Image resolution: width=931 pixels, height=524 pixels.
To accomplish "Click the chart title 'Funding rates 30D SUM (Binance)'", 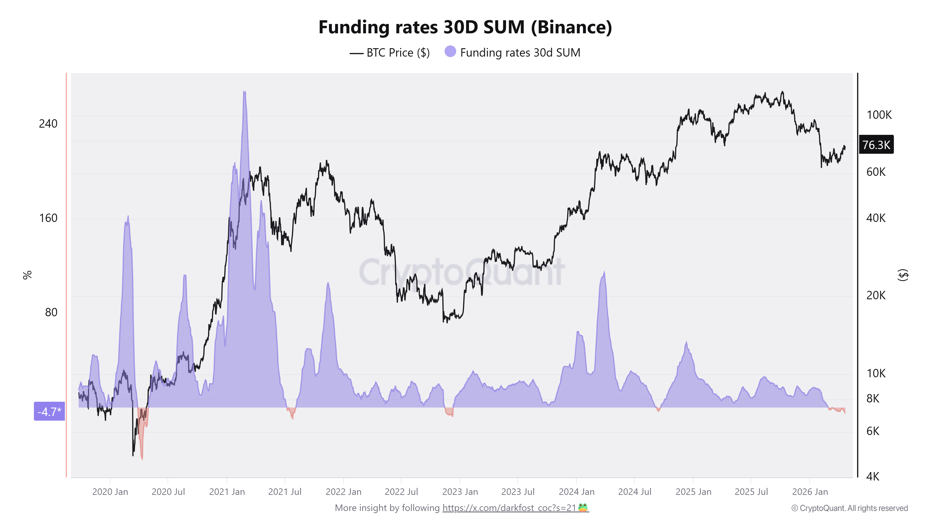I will pyautogui.click(x=465, y=27).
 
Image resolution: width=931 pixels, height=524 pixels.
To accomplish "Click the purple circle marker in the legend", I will pyautogui.click(x=450, y=52).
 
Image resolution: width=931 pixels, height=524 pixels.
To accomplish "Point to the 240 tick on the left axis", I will pyautogui.click(x=48, y=124).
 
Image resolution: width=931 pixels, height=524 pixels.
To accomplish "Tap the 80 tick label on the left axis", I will pyautogui.click(x=51, y=312).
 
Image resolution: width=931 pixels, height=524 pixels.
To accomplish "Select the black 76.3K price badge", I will pyautogui.click(x=876, y=145).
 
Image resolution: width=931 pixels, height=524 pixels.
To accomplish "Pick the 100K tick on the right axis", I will pyautogui.click(x=879, y=115).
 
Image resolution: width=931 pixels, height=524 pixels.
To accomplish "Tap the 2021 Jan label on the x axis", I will pyautogui.click(x=227, y=492).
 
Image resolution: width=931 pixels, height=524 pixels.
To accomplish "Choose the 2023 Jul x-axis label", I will pyautogui.click(x=518, y=492).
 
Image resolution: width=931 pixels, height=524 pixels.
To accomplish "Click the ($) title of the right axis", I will pyautogui.click(x=903, y=275).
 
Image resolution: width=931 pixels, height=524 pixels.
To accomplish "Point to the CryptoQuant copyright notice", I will pyautogui.click(x=849, y=508).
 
